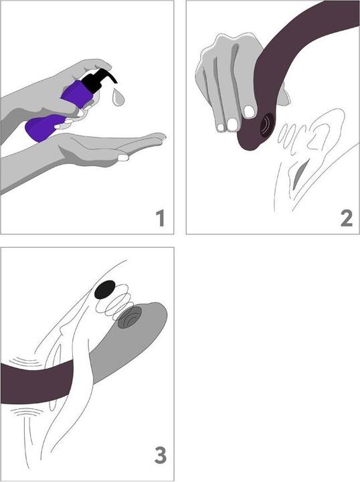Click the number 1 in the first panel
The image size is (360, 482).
[161, 218]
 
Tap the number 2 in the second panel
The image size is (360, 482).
[347, 218]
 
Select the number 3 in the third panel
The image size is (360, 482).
[161, 455]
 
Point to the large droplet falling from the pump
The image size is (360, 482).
[118, 97]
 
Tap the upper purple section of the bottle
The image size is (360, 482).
[77, 94]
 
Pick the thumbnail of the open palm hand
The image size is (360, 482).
[123, 157]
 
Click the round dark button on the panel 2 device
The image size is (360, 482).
[267, 125]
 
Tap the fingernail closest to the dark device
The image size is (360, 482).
[249, 112]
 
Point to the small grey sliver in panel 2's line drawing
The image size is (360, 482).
[299, 173]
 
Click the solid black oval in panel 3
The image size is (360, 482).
[105, 290]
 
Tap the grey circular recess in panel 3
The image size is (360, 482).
[129, 317]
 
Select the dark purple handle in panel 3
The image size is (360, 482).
[37, 382]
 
